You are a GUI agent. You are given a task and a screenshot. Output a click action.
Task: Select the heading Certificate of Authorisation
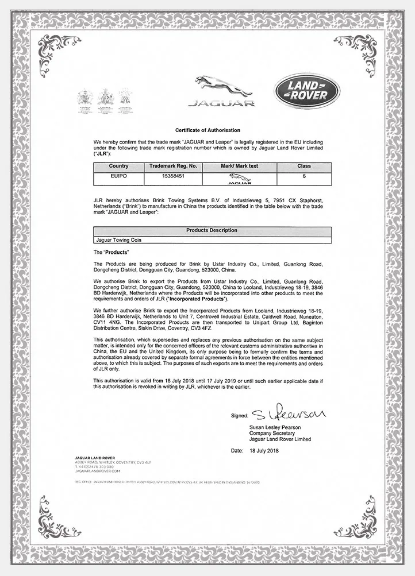[x=207, y=131]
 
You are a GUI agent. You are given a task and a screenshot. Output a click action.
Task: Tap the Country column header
[x=119, y=165]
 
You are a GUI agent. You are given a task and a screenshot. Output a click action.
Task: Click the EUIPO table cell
[x=119, y=176]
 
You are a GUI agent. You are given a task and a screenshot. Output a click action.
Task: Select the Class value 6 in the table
[x=303, y=176]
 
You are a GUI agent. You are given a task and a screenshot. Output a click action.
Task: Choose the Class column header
[x=303, y=165]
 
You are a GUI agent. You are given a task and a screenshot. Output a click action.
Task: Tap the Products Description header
[x=212, y=230]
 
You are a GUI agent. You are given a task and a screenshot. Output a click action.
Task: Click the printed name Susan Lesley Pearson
[x=275, y=428]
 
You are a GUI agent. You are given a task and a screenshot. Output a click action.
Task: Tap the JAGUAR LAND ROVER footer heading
[x=91, y=458]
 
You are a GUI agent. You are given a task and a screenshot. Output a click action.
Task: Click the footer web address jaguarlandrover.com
[x=90, y=471]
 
